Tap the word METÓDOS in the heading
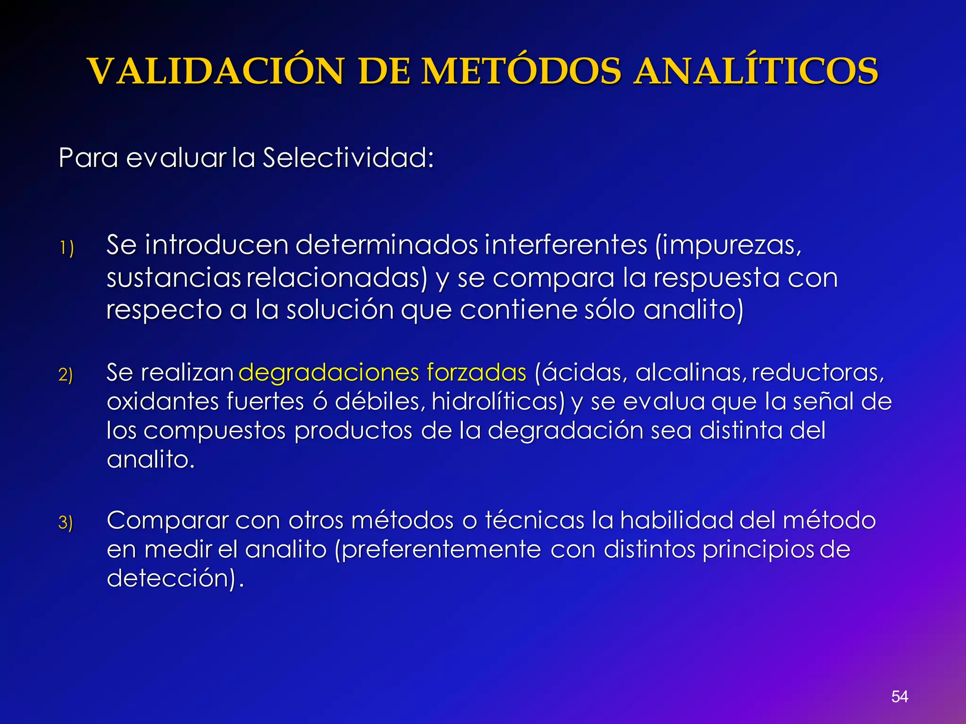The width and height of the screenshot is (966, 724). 521,72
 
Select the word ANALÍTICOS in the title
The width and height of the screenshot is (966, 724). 756,72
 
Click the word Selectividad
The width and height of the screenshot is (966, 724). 348,157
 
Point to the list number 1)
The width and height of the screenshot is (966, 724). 67,248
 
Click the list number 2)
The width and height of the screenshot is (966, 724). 66,375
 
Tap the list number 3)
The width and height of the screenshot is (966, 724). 66,523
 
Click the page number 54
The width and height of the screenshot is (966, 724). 899,696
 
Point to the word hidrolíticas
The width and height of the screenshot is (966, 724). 498,402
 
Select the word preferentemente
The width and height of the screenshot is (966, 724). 438,550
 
